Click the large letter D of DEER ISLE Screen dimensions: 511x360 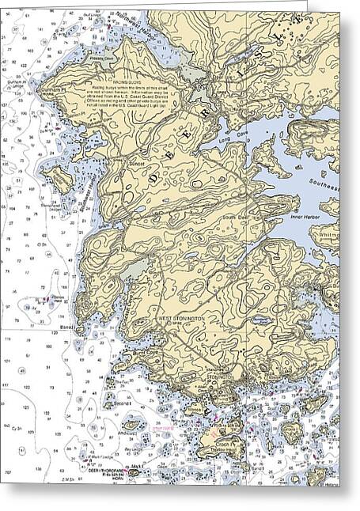pyautogui.click(x=153, y=180)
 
